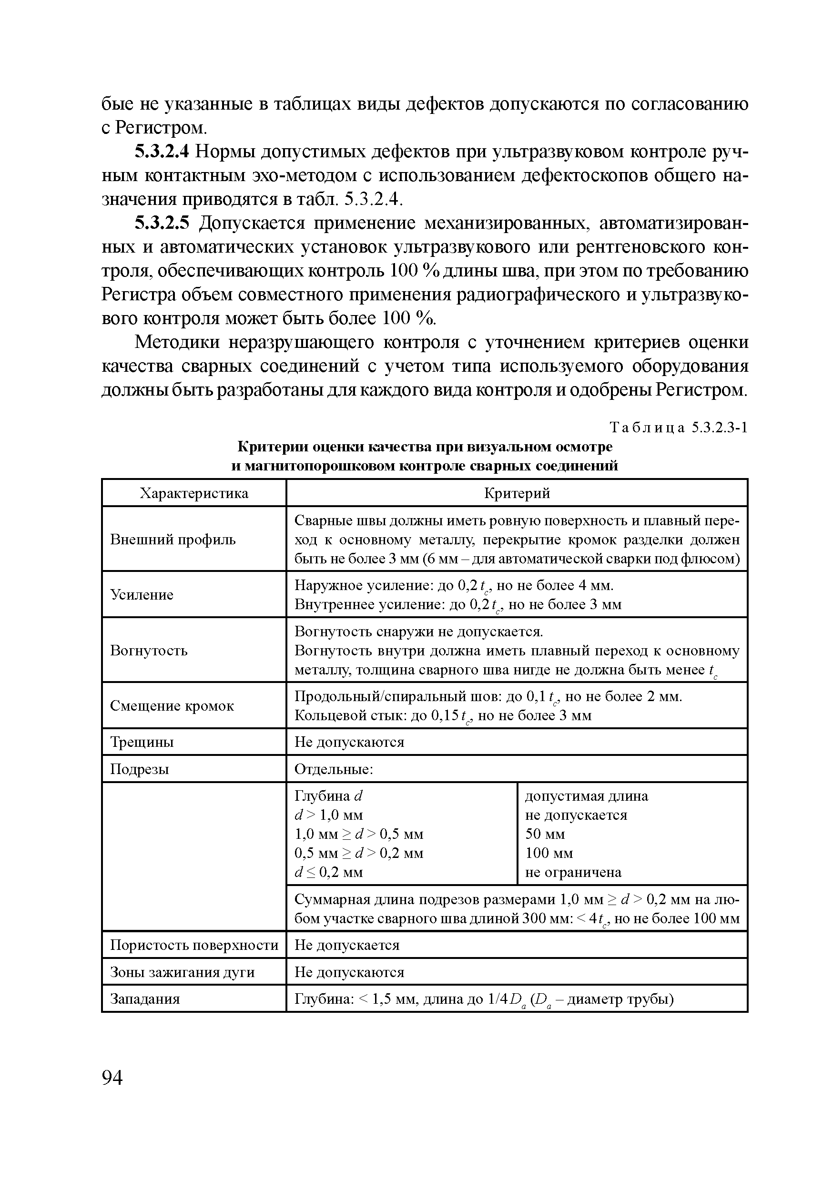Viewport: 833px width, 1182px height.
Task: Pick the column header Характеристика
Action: click(194, 493)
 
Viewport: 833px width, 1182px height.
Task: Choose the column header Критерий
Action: click(517, 493)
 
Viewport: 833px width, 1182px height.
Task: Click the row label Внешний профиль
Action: click(173, 540)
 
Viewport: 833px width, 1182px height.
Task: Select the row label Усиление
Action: click(142, 595)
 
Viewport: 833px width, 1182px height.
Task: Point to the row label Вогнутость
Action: click(149, 650)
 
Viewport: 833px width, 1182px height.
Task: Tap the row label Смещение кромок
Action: click(172, 705)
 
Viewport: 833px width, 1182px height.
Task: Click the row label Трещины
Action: click(142, 742)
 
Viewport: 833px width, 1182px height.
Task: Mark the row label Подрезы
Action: click(140, 769)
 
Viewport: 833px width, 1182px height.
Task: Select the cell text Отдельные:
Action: click(334, 769)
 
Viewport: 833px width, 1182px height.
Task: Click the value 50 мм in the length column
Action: click(545, 834)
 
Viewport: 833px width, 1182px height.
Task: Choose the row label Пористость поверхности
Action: click(194, 945)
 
